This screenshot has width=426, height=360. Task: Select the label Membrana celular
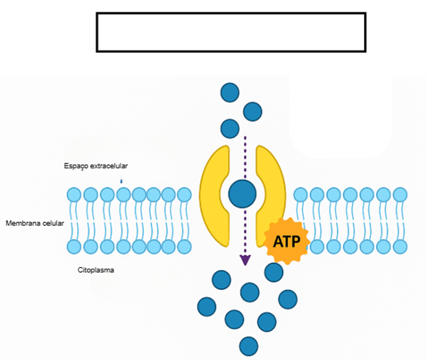[34, 224]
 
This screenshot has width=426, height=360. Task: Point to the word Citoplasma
[96, 270]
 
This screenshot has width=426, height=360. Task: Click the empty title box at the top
[231, 32]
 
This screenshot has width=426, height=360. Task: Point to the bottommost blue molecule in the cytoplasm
[248, 345]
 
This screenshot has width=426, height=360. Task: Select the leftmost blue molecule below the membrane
[206, 306]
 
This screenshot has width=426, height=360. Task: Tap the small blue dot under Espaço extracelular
[122, 181]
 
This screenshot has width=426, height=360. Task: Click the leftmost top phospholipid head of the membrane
[74, 194]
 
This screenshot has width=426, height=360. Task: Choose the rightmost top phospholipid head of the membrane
[400, 194]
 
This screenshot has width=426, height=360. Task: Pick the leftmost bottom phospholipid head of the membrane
[74, 246]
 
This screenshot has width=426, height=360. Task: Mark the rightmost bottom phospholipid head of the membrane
[400, 246]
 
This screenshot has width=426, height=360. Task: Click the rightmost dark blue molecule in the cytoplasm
[287, 299]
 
